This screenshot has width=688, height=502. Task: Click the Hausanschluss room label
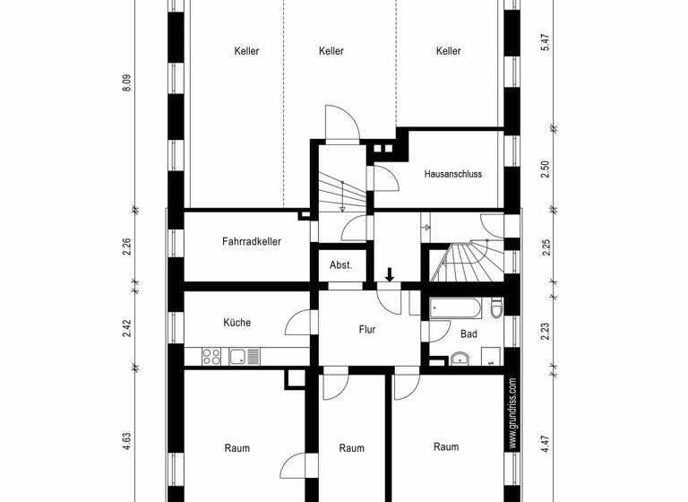coord(452,174)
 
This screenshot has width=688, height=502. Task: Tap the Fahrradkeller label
coord(252,241)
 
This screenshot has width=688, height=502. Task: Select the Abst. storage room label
coord(340,265)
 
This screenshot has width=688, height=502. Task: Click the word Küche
coord(237,323)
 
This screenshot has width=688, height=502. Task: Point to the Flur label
coord(367,330)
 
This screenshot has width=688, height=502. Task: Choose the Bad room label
coord(469,333)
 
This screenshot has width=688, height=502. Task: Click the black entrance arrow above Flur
coord(389,273)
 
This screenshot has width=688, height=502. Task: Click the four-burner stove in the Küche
coord(211,356)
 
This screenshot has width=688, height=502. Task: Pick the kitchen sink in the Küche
coord(238,356)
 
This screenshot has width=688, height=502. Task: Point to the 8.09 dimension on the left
coord(126,82)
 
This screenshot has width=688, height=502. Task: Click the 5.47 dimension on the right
coord(545,43)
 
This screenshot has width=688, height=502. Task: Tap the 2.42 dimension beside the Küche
coord(126,328)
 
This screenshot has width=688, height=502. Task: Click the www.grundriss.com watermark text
coord(512,412)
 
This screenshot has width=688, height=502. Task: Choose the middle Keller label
coord(331,51)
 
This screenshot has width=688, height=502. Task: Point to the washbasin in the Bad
coord(460,359)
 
